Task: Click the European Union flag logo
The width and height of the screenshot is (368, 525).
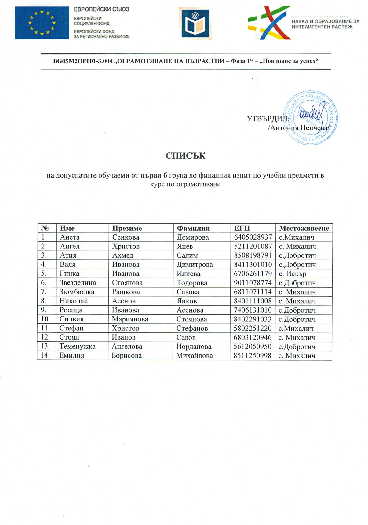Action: click(42, 23)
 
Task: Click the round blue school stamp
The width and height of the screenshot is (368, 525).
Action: click(311, 118)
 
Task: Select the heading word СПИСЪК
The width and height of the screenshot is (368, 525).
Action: click(185, 156)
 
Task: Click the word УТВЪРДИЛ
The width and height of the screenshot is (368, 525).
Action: click(268, 119)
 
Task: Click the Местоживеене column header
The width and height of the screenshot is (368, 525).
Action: click(304, 228)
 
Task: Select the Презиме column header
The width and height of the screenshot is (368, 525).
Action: click(127, 228)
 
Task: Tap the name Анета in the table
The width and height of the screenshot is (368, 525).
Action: click(70, 237)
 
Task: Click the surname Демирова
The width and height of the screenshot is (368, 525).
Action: click(193, 237)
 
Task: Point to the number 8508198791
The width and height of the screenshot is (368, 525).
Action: click(253, 255)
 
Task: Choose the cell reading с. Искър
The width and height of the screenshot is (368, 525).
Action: click(292, 274)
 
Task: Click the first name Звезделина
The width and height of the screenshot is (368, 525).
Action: click(78, 283)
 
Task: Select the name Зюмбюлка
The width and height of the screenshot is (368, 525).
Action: click(77, 292)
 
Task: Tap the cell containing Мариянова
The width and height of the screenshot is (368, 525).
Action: click(130, 319)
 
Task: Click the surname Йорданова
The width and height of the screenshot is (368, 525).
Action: click(194, 347)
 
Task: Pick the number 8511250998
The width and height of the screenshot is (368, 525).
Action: click(252, 356)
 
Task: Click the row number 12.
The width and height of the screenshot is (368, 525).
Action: click(45, 337)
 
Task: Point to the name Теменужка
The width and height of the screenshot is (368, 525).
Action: click(77, 347)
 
